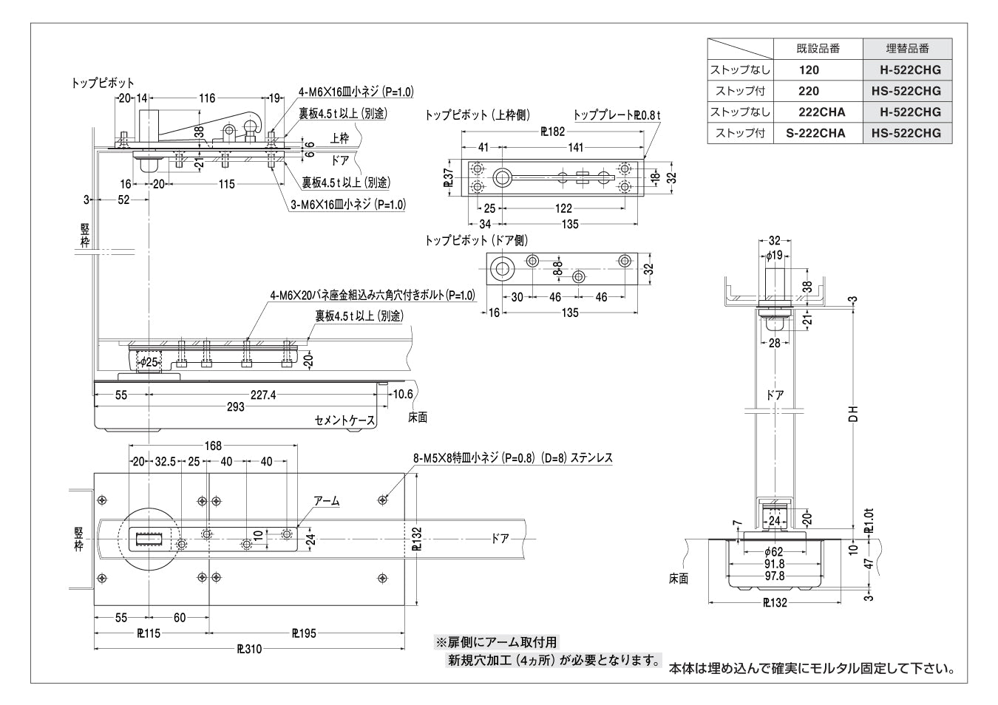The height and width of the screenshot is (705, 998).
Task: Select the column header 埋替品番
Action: [x=908, y=49]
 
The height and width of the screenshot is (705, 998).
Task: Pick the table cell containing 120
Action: [x=809, y=70]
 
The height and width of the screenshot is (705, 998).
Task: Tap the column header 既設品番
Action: [x=818, y=49]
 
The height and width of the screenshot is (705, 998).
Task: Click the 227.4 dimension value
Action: [x=263, y=395]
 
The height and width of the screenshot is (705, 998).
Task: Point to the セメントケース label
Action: [x=344, y=420]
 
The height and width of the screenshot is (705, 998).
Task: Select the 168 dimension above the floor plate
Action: [x=213, y=445]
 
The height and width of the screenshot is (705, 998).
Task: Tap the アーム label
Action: [x=326, y=501]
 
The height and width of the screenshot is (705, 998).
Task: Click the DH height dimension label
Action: [x=852, y=414]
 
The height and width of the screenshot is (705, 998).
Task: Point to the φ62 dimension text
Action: [x=773, y=551]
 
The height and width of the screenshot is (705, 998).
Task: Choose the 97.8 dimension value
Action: [x=774, y=576]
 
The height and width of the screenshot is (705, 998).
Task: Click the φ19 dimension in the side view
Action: [x=774, y=255]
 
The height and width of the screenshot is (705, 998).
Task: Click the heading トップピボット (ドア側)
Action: [x=476, y=241]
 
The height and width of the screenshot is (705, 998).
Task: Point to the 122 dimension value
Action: [x=563, y=209]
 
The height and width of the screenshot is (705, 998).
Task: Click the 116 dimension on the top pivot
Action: [x=206, y=98]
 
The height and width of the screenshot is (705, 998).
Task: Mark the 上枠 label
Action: [x=340, y=137]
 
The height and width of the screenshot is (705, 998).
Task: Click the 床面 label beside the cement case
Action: [x=418, y=418]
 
